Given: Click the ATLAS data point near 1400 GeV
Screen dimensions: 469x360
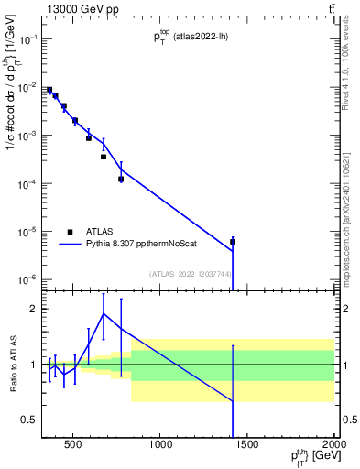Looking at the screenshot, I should coord(233,242).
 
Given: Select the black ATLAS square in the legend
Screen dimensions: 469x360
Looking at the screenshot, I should coord(70,232).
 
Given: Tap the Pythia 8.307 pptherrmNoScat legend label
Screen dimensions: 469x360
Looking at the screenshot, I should coord(137,245).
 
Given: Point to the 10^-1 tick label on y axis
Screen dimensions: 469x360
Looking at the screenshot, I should coord(26,39).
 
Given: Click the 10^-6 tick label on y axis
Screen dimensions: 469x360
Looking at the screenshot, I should coord(26,279).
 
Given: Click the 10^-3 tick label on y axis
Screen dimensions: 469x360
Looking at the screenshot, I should coord(26,136).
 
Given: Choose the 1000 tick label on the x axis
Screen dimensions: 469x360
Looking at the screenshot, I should coord(160,447).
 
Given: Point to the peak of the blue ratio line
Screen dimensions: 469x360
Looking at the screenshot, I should coord(104,313).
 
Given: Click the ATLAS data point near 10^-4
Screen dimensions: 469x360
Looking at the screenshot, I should coord(121,179).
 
